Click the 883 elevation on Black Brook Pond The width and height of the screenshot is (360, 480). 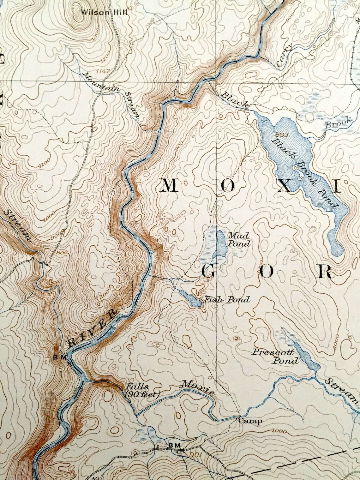(x=278, y=134)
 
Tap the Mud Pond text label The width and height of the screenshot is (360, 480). (x=239, y=239)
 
